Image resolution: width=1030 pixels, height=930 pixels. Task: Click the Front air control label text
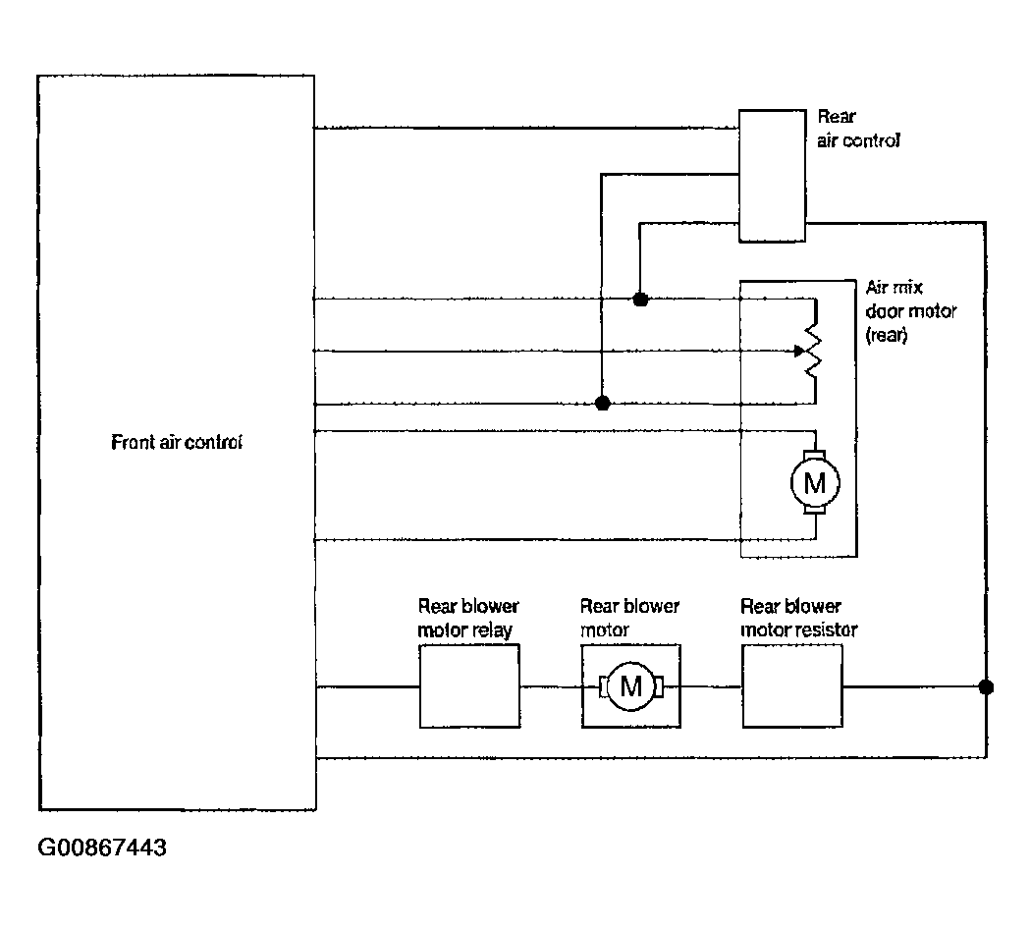(177, 442)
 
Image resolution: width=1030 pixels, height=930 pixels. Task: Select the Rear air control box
(772, 176)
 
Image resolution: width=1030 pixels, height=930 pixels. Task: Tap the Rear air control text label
(858, 129)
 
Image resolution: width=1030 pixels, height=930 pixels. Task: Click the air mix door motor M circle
(815, 483)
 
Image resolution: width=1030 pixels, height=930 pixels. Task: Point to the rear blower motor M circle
(630, 686)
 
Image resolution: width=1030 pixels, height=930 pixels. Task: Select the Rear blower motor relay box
(469, 686)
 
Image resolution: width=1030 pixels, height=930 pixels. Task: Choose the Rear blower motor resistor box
(792, 686)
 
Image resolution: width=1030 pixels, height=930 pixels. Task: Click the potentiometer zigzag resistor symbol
(814, 351)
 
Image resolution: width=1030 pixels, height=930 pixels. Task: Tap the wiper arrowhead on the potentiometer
(799, 351)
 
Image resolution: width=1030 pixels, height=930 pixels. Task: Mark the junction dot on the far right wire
(986, 687)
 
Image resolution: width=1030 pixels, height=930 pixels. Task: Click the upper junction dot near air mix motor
(640, 300)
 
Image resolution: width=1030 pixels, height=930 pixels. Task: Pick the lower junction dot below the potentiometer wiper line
(602, 404)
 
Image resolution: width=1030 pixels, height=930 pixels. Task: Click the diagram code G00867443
(102, 848)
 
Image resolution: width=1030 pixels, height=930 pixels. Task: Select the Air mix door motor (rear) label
(910, 311)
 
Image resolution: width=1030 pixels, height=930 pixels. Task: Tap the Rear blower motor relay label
(467, 618)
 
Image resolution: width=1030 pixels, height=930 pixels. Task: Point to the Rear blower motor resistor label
(799, 618)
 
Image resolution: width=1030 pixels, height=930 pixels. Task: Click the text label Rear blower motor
(629, 618)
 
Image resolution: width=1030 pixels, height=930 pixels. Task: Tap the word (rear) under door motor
(886, 335)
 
